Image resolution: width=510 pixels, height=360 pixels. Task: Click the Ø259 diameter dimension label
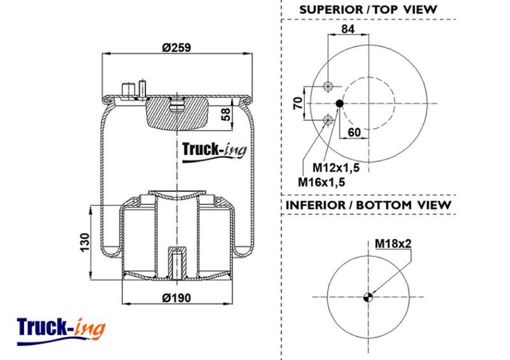coord(177,48)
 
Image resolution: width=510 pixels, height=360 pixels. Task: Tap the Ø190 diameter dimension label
coord(177,298)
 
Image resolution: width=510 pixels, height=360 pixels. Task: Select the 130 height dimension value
coord(85,242)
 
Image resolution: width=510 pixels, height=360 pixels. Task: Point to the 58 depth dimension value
coord(226,115)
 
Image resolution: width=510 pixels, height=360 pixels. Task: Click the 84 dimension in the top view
coord(348,29)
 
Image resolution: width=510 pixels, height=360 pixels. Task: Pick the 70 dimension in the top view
coord(298,103)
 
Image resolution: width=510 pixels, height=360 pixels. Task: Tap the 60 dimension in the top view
coord(354,133)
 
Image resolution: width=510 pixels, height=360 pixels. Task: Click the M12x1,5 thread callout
coord(336,168)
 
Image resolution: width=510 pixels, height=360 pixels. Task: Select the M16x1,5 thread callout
coord(321,182)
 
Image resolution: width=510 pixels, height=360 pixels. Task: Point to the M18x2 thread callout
coord(393,243)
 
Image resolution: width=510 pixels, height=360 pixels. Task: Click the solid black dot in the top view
coord(339,103)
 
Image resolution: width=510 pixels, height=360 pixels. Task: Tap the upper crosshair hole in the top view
coord(328,87)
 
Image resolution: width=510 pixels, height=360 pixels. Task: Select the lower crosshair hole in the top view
coord(328,120)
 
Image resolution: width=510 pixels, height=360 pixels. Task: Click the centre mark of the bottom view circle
coord(368,297)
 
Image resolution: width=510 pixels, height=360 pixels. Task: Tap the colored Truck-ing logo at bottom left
coord(61,331)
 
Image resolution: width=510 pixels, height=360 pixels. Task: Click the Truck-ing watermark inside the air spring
coord(214,152)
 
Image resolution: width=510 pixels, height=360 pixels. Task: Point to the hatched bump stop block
coord(177,113)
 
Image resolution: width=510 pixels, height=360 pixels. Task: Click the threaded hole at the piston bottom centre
coord(177,263)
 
